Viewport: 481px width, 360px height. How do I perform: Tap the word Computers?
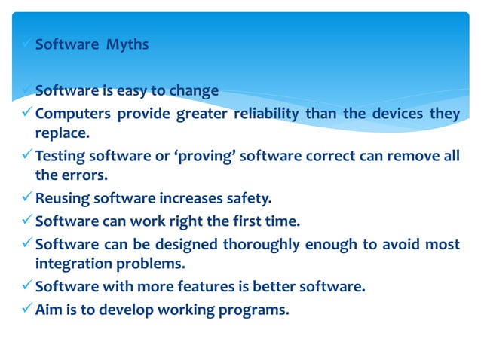click(x=70, y=114)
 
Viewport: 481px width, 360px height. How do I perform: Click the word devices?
click(x=401, y=114)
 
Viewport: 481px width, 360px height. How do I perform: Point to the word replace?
click(x=62, y=133)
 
